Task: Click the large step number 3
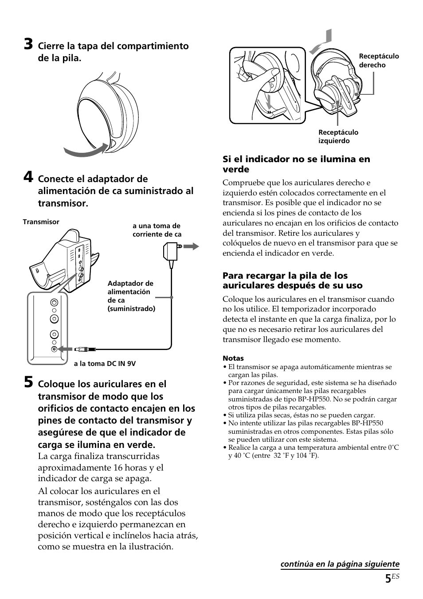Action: [28, 45]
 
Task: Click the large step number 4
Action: [28, 178]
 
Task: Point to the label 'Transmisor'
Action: [41, 222]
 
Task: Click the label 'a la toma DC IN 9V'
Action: [105, 363]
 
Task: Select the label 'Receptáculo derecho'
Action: [378, 61]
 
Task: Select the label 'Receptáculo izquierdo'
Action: [338, 136]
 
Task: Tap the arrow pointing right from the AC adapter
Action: [192, 246]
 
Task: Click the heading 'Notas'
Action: [233, 358]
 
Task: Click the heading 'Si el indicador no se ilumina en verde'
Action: [296, 164]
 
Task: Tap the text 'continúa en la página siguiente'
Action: [339, 564]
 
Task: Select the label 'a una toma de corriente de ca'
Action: [157, 230]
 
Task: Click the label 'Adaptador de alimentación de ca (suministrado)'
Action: [131, 296]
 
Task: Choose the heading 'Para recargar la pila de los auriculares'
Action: [292, 280]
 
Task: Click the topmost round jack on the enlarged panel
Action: [54, 303]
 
